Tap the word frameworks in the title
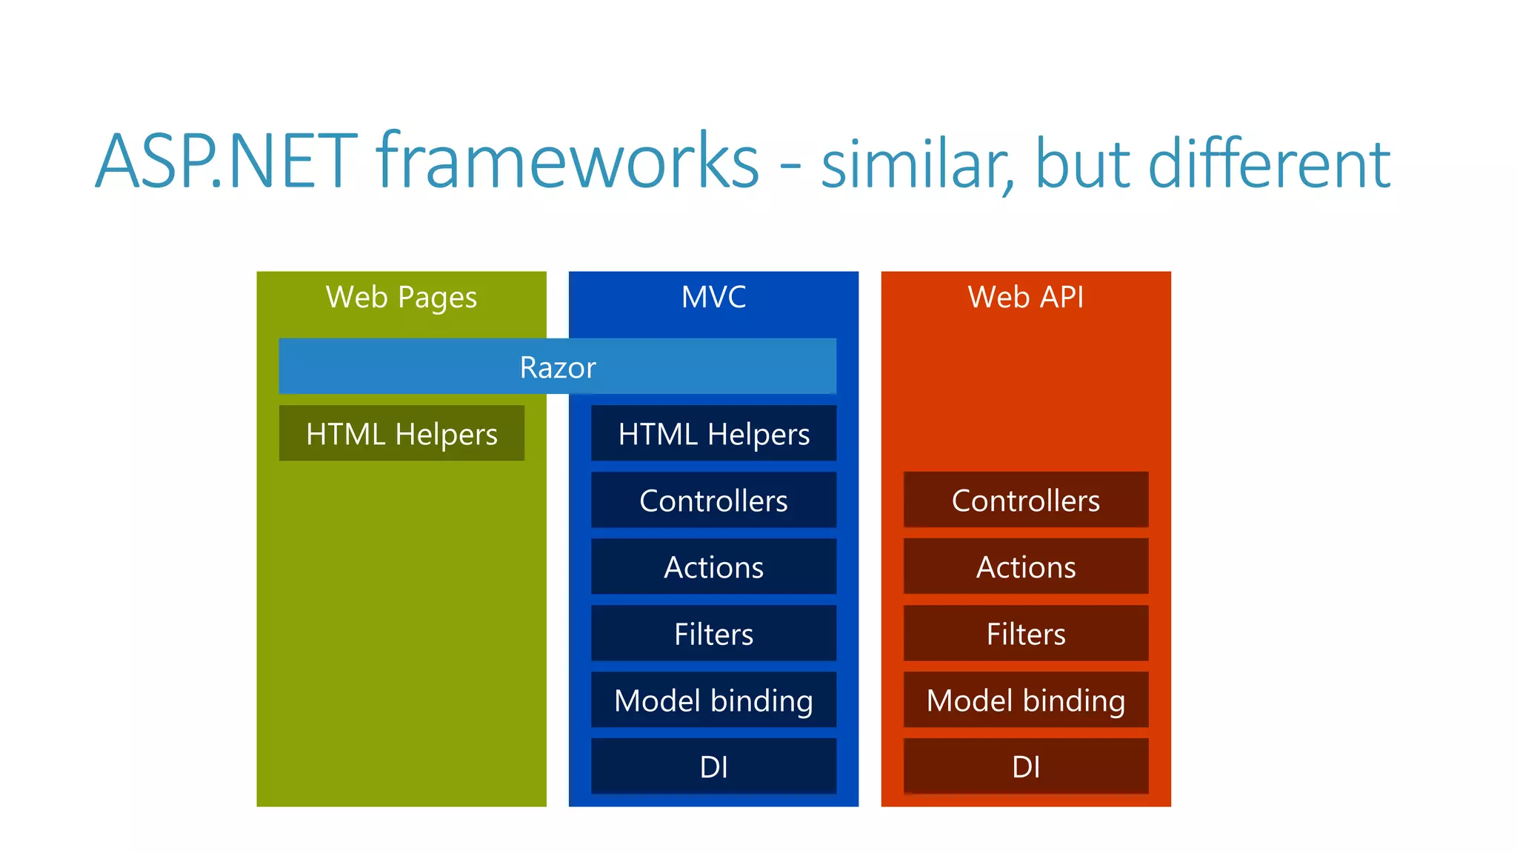click(x=568, y=161)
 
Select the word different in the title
click(x=1269, y=164)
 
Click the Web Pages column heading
click(x=401, y=298)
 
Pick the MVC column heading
click(x=713, y=298)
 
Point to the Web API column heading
click(x=1026, y=298)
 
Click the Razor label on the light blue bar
click(x=558, y=367)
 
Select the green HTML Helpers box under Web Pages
click(x=401, y=434)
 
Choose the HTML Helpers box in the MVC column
click(x=713, y=434)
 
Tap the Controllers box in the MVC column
click(x=713, y=501)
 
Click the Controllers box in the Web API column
click(x=1026, y=501)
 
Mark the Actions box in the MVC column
click(x=713, y=567)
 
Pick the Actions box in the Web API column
click(x=1026, y=567)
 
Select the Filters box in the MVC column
click(x=713, y=634)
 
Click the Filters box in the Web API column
click(x=1026, y=634)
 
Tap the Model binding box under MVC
click(x=713, y=700)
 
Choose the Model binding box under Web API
click(x=1026, y=700)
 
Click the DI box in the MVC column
click(x=713, y=767)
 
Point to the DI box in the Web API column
click(x=1026, y=767)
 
